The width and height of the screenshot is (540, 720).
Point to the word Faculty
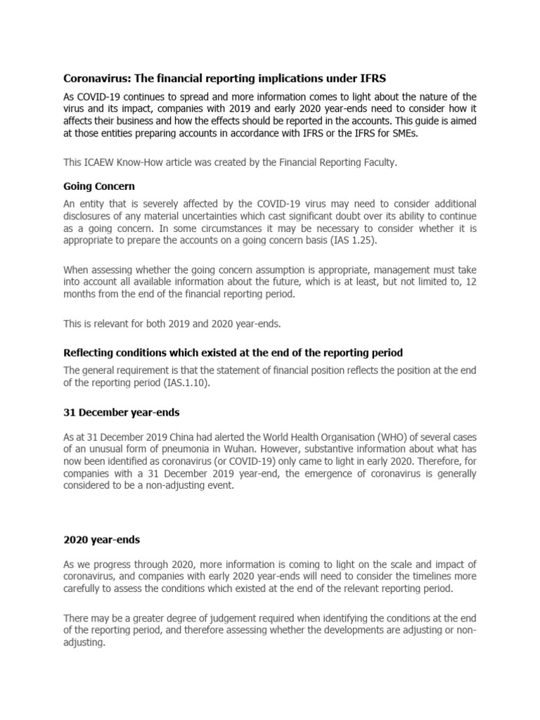pyautogui.click(x=378, y=162)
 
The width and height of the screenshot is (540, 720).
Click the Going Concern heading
pyautogui.click(x=99, y=187)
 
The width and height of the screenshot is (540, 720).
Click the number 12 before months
pyautogui.click(x=470, y=281)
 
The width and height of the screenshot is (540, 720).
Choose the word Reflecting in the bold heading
pyautogui.click(x=90, y=352)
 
